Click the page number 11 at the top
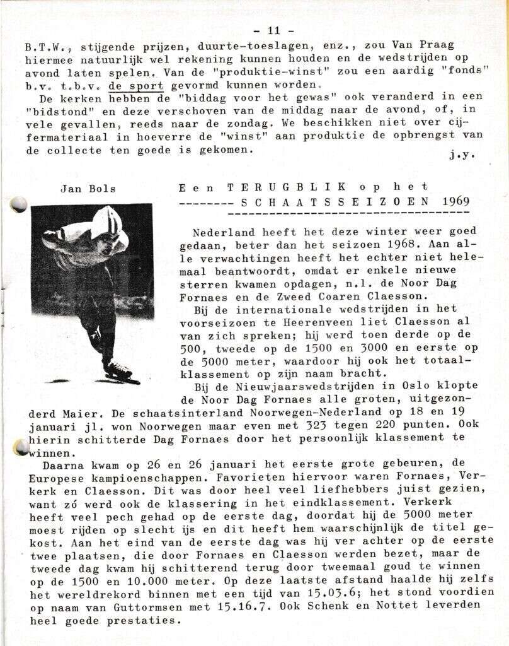pos(273,30)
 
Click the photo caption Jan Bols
pos(88,188)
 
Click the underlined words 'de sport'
pos(136,86)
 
